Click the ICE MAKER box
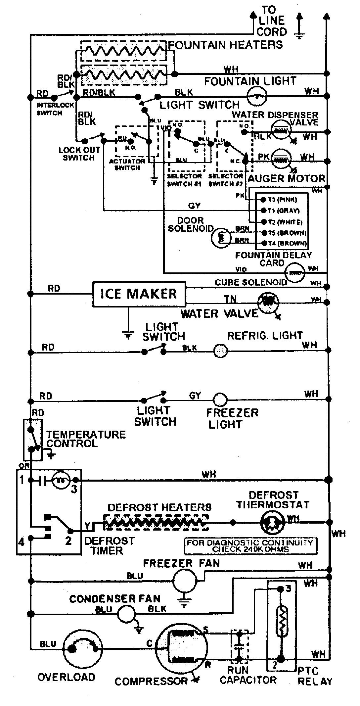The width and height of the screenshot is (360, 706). point(139,294)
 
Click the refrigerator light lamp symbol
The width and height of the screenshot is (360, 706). point(220,351)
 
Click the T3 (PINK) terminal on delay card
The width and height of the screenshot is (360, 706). point(263,200)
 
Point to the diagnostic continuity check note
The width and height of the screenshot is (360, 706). point(250,546)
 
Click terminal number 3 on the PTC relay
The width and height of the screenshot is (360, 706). point(288,589)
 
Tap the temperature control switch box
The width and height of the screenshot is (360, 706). point(32,440)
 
